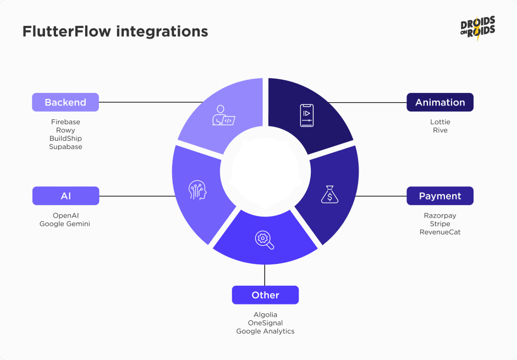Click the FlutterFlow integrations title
click(x=115, y=31)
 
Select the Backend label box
click(x=65, y=102)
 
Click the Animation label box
click(x=440, y=102)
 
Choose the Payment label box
click(x=440, y=196)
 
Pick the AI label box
click(x=65, y=196)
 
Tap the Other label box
click(x=265, y=295)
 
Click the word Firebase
click(x=65, y=122)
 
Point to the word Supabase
click(x=65, y=147)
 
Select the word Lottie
click(x=440, y=122)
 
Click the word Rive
click(x=440, y=130)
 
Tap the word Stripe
click(x=440, y=224)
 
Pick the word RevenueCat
click(x=440, y=232)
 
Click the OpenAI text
click(x=65, y=215)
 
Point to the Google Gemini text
click(x=65, y=224)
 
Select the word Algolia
click(x=265, y=315)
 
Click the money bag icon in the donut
click(x=329, y=195)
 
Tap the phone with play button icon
click(x=306, y=115)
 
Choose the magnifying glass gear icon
click(x=264, y=240)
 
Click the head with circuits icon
click(x=198, y=191)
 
